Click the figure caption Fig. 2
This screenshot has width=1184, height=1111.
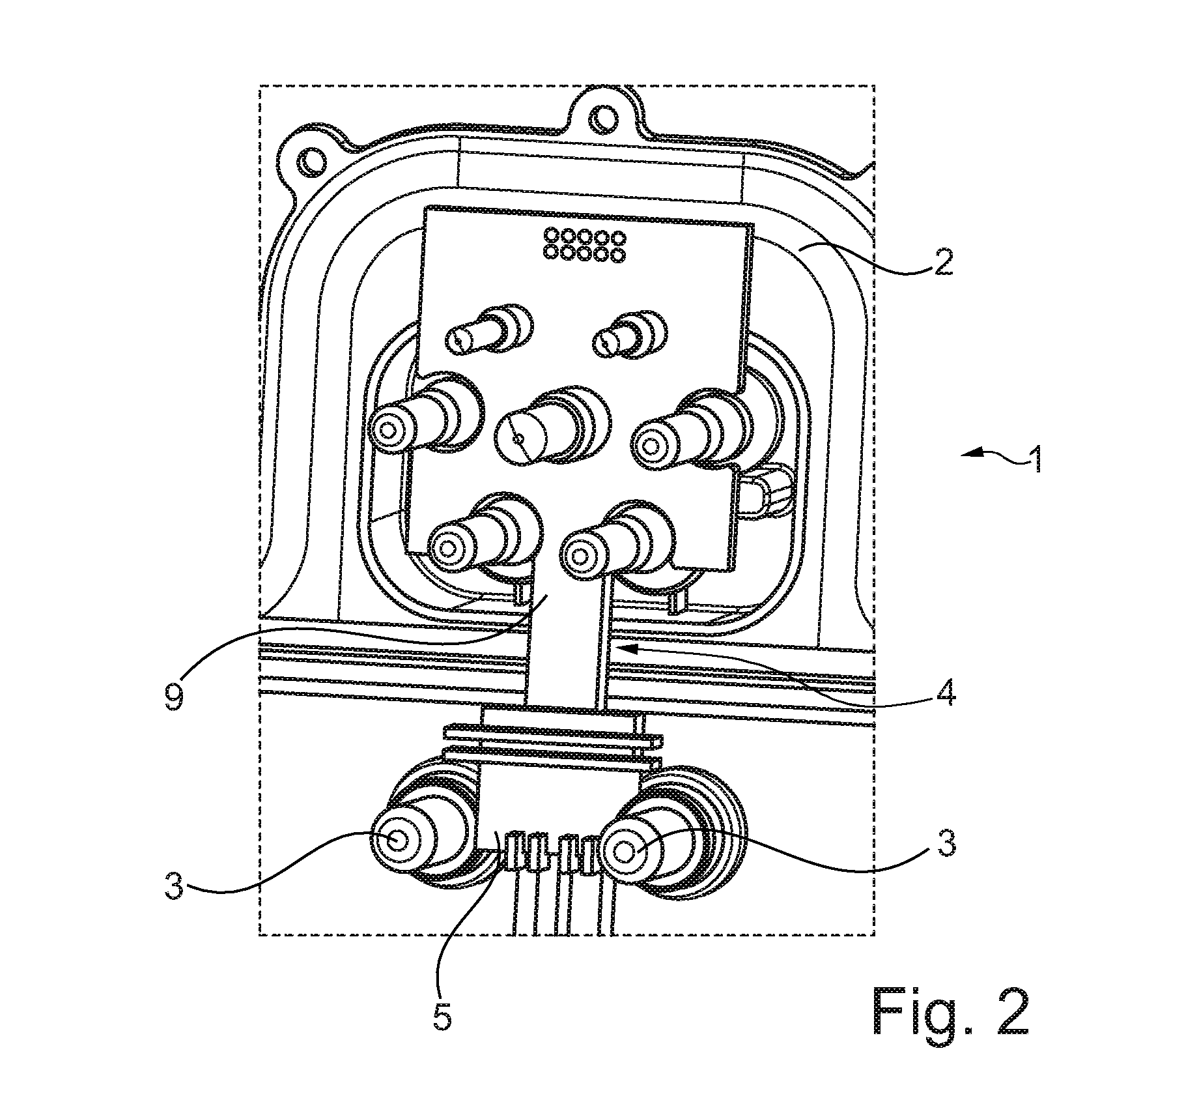pyautogui.click(x=951, y=1012)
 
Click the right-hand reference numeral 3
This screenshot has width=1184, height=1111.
pyautogui.click(x=944, y=843)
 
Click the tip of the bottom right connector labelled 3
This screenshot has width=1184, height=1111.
pyautogui.click(x=624, y=852)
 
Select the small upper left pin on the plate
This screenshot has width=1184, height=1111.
pyautogui.click(x=460, y=339)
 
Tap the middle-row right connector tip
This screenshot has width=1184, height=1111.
pyautogui.click(x=649, y=446)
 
